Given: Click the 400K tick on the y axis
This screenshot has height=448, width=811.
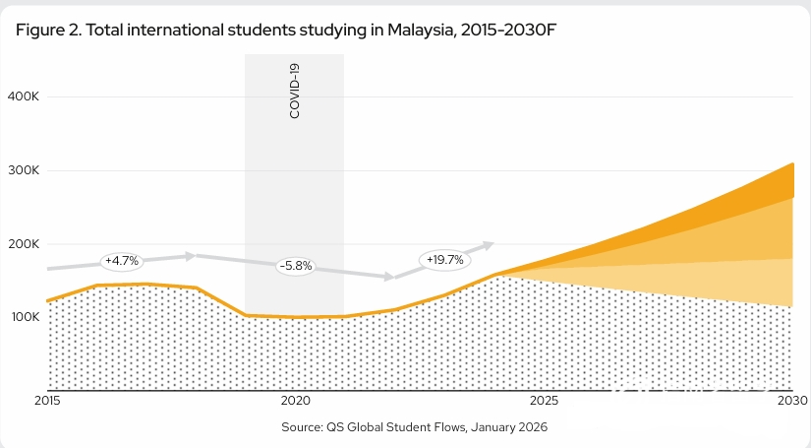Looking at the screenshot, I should [23, 96].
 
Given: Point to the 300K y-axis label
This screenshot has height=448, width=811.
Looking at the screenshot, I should [23, 170].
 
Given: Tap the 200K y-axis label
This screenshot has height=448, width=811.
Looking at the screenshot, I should [23, 244].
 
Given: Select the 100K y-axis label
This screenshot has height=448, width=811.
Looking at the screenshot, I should [23, 317].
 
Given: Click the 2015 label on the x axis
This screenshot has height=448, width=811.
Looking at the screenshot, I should [47, 402].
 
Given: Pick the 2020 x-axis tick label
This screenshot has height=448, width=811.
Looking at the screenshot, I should [295, 402].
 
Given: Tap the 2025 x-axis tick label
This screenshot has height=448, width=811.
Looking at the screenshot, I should [544, 402].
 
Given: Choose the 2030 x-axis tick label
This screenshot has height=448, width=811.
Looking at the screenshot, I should [791, 402].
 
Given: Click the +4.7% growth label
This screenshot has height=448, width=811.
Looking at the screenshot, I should [123, 261].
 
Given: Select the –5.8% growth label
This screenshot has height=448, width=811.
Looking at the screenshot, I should [295, 266].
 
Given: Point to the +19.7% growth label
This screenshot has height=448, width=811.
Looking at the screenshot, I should [444, 260].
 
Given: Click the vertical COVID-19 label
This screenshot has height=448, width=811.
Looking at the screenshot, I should [295, 91].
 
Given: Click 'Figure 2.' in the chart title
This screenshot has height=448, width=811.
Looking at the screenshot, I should [47, 30].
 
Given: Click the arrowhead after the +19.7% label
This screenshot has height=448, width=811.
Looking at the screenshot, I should [489, 243].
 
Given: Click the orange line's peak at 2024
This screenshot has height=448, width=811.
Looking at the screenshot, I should [494, 275].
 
